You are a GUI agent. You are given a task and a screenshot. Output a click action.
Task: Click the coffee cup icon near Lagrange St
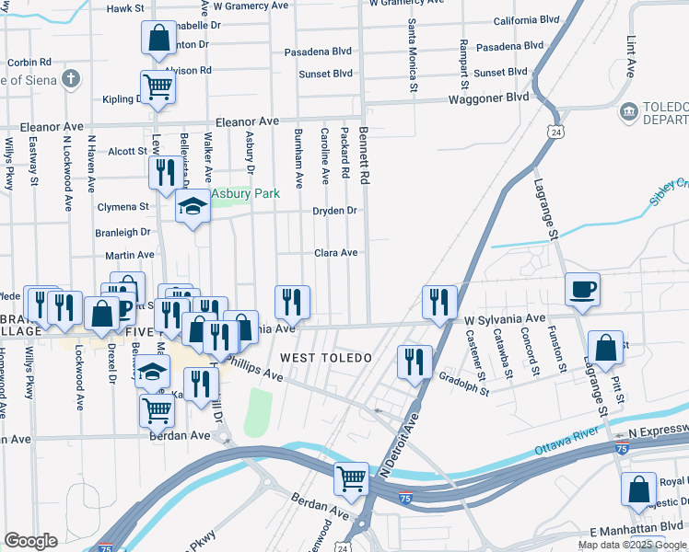coord(582,289)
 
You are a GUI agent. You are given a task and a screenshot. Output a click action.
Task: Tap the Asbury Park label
coord(246,194)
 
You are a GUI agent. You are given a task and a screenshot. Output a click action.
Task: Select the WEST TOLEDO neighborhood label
coord(312,357)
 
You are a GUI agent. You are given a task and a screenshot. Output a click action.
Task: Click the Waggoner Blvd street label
coord(488,98)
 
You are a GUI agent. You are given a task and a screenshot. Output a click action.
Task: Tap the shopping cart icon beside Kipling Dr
coord(158,86)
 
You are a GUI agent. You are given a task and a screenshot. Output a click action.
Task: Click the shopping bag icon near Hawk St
coord(158,38)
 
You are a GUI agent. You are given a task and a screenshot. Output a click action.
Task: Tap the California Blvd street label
coord(527,19)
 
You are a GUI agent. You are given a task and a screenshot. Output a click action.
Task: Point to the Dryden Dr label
coord(334,211)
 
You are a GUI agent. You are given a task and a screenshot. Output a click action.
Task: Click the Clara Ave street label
coord(335,252)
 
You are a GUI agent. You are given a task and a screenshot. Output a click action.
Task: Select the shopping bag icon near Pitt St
coord(605,348)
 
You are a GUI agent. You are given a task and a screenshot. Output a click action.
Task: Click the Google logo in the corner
coord(30,541)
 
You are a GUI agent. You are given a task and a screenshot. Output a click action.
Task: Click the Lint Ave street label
coord(632,56)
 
